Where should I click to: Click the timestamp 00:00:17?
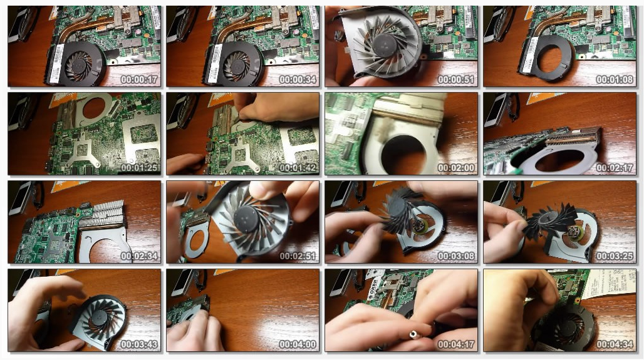pyautogui.click(x=139, y=80)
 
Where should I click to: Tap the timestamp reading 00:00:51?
pyautogui.click(x=456, y=80)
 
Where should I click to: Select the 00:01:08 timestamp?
pyautogui.click(x=615, y=80)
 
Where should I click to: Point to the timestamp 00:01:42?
pyautogui.click(x=298, y=168)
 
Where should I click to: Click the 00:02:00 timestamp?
pyautogui.click(x=456, y=168)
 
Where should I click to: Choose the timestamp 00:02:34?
pyautogui.click(x=139, y=256)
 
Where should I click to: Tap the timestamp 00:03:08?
pyautogui.click(x=456, y=256)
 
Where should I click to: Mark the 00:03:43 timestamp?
pyautogui.click(x=139, y=344)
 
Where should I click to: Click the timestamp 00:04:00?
pyautogui.click(x=298, y=344)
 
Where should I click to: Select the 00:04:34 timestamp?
pyautogui.click(x=615, y=344)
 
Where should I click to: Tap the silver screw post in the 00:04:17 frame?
pyautogui.click(x=413, y=335)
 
